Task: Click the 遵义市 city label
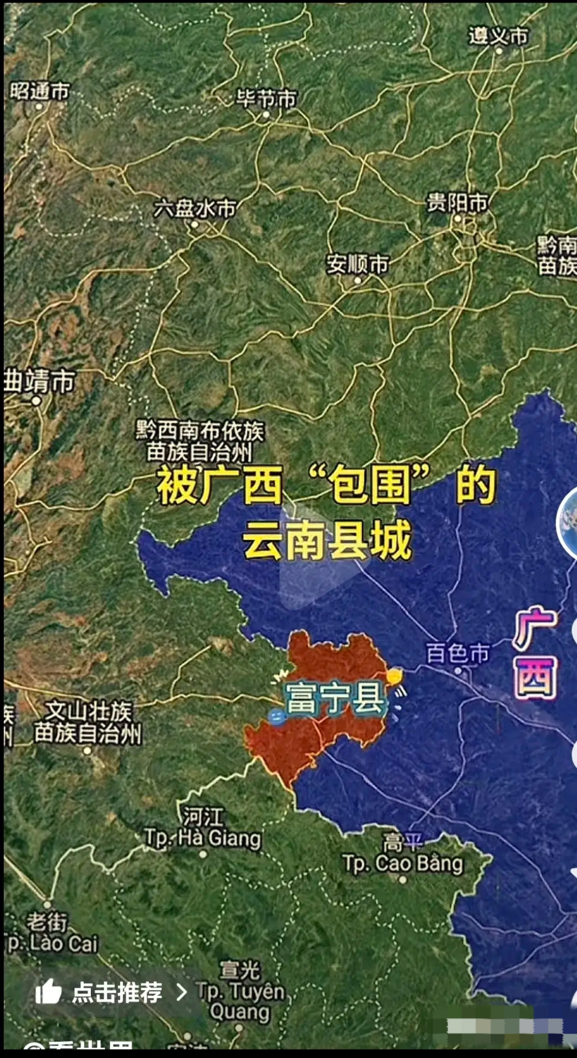pos(498,36)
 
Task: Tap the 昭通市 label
pos(40,91)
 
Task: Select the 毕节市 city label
pos(266,99)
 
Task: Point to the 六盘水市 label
pos(195,209)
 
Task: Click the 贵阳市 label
pos(457,203)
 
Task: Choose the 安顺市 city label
pos(357,264)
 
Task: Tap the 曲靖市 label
pos(40,382)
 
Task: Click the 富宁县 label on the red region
pos(336,698)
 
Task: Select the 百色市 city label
pos(457,653)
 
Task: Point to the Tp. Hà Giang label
pos(203,838)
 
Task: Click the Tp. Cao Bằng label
pos(403,863)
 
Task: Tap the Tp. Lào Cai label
pos(51,944)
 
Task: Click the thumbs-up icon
pos(49,992)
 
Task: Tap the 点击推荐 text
pos(117,992)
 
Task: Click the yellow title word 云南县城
pos(327,541)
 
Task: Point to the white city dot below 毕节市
pos(266,114)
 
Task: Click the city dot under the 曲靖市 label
pos(36,400)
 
